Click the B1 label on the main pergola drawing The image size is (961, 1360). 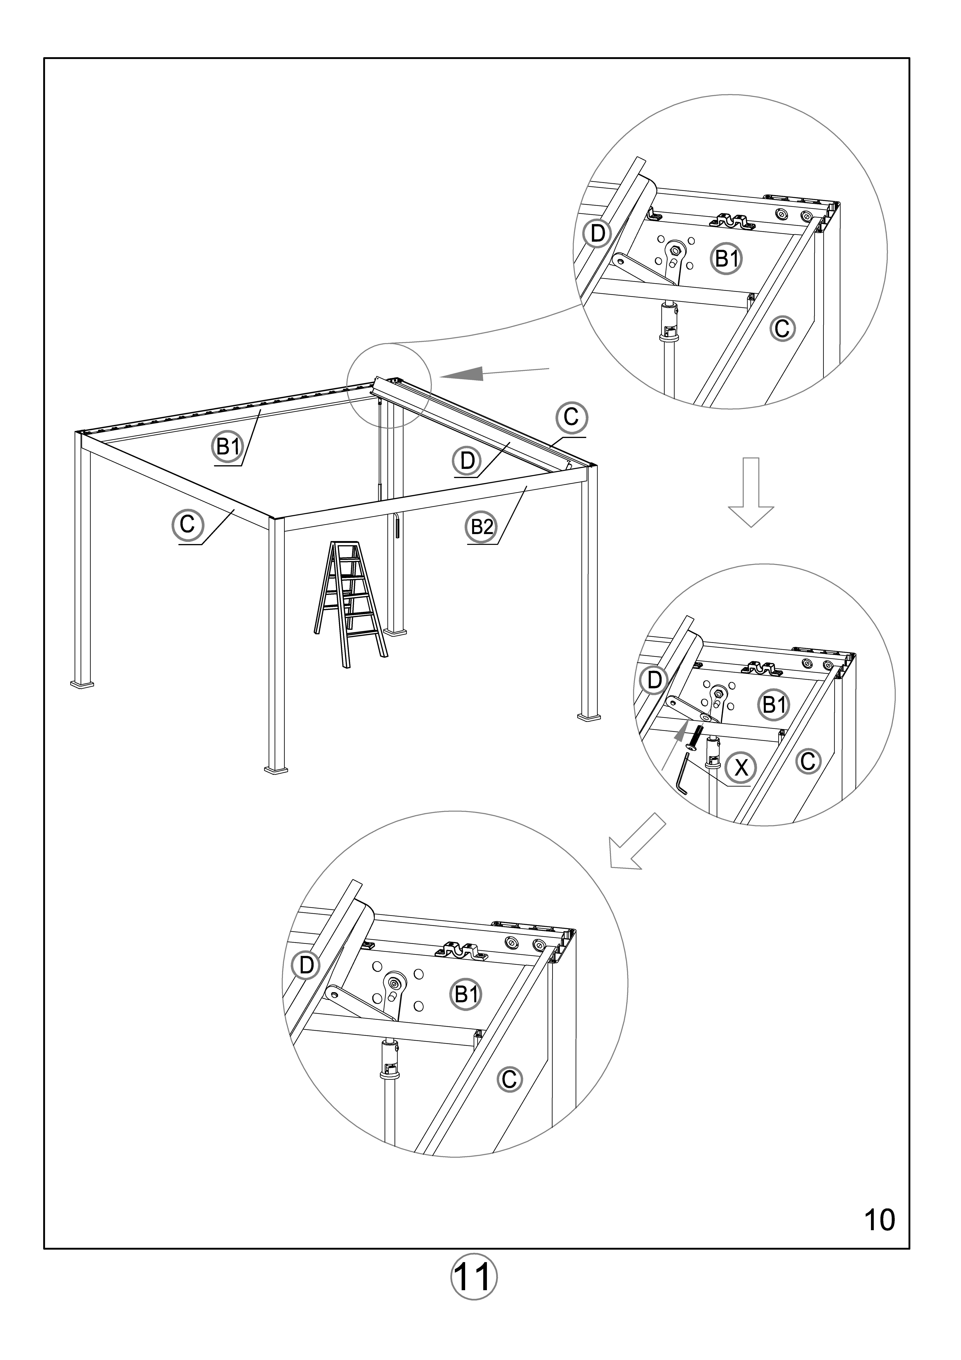[228, 447]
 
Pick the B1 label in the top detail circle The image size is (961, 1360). [727, 259]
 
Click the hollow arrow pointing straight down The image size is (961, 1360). [751, 492]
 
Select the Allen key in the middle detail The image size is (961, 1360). [681, 773]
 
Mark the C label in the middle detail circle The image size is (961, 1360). [808, 761]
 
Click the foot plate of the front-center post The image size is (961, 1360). [276, 771]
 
